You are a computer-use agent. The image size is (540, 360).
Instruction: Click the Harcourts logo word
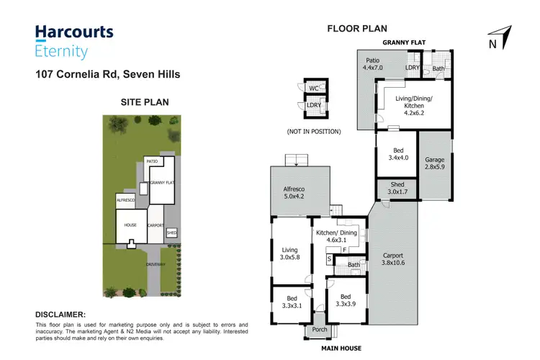(x=74, y=32)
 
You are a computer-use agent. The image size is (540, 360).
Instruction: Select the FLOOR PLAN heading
(x=357, y=29)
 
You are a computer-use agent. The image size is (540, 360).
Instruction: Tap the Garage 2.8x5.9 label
(x=434, y=164)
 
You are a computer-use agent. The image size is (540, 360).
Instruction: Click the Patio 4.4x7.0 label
(x=372, y=64)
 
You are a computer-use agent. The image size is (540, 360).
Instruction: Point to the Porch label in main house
(x=318, y=330)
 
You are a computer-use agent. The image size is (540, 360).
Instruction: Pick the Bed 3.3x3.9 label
(x=346, y=300)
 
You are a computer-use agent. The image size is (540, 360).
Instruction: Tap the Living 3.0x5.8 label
(x=291, y=255)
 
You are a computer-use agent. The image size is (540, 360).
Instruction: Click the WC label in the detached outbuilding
(x=313, y=89)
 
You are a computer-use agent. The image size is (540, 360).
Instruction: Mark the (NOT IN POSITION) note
(x=314, y=132)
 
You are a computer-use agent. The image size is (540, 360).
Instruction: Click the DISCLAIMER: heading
(x=60, y=315)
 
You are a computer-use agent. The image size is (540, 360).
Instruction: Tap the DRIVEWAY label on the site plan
(x=156, y=264)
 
